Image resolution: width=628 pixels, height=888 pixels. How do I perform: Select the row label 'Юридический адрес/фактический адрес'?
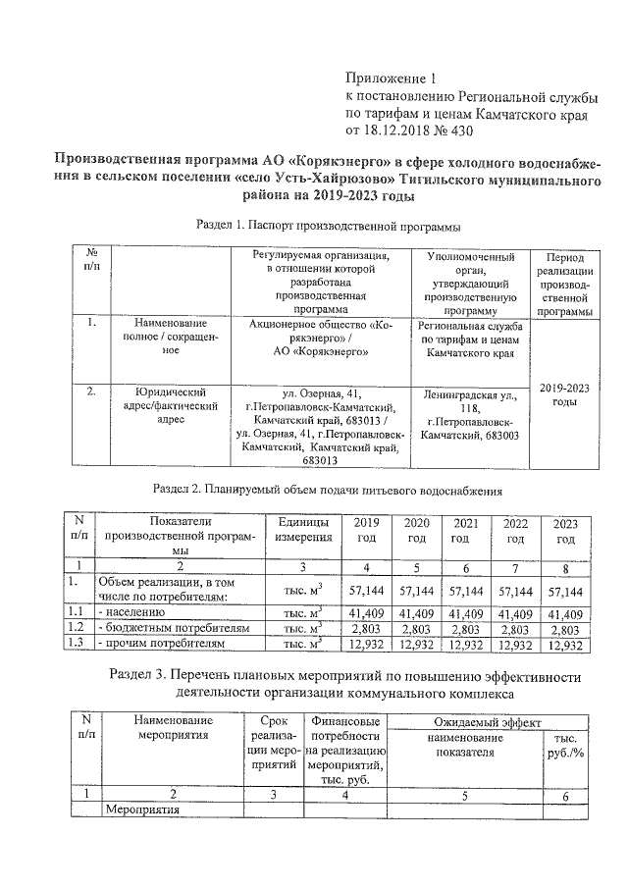pos(171,404)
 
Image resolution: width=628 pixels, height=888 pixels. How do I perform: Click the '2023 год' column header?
pos(565,531)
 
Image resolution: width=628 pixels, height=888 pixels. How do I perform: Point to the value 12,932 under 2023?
pos(565,644)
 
